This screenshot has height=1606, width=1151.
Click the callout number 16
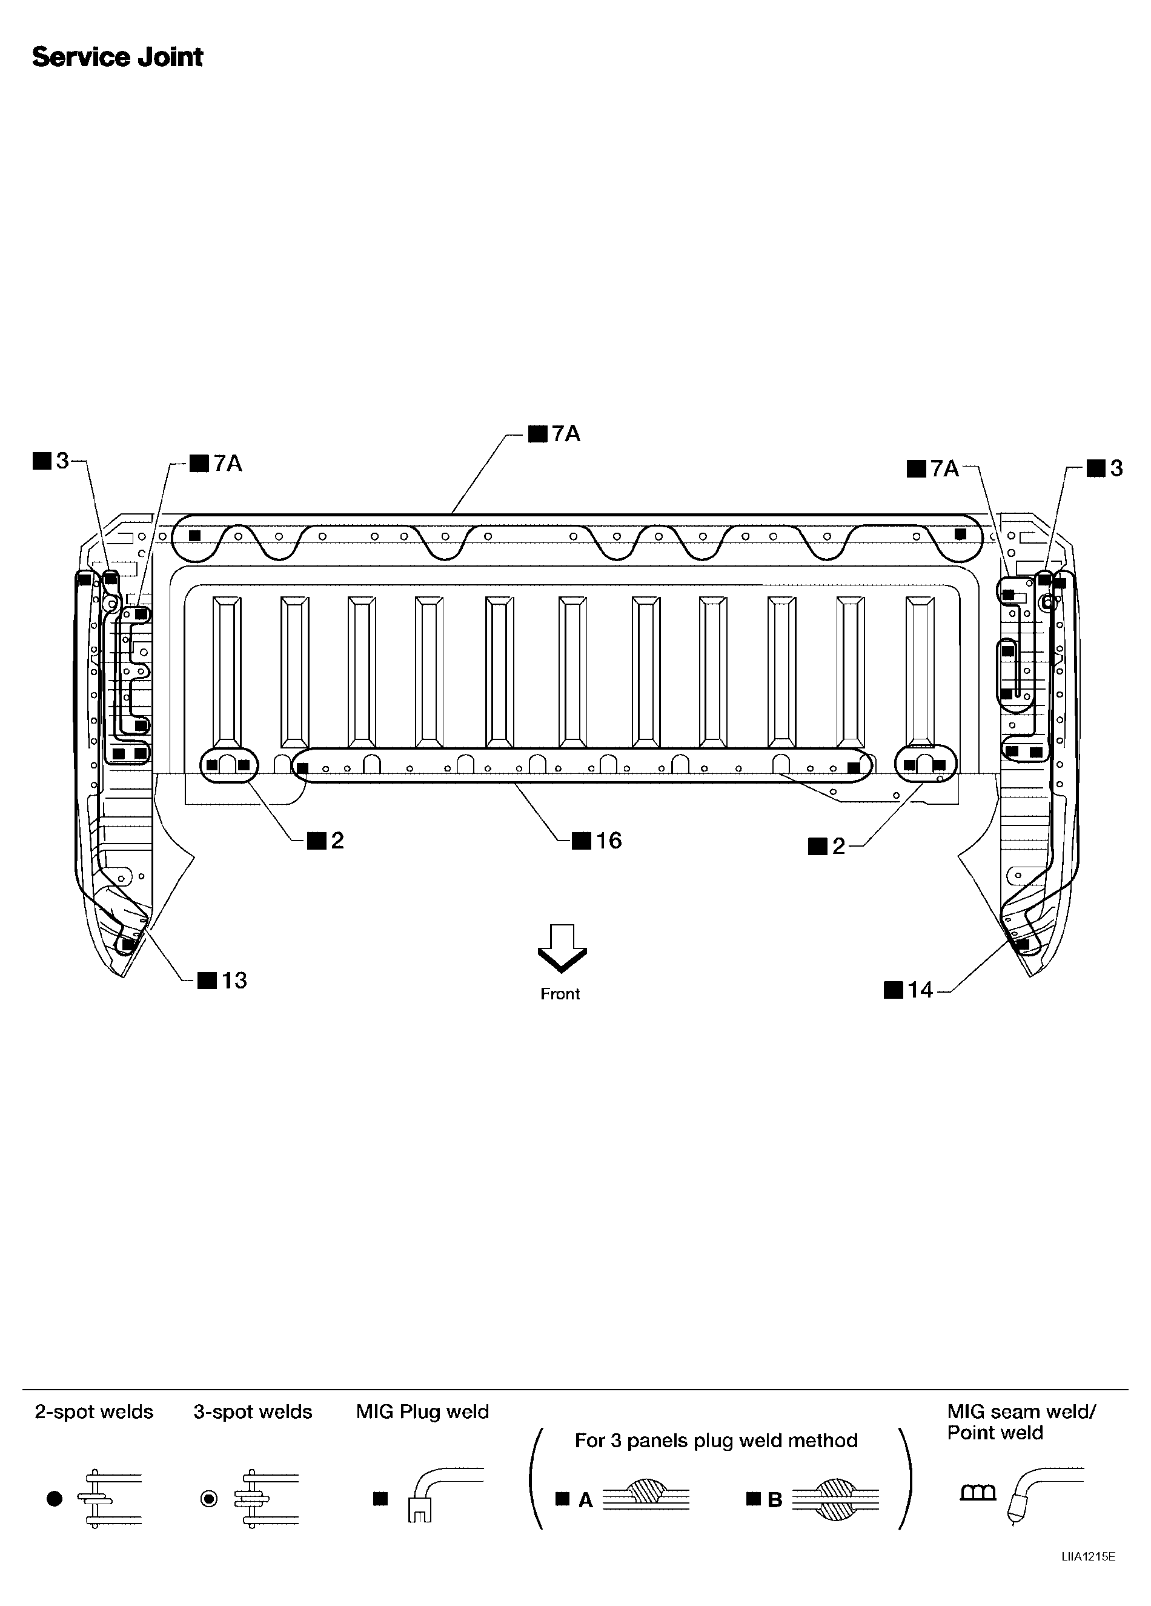609,841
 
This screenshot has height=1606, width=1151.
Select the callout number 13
234,981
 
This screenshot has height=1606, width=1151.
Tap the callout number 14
920,990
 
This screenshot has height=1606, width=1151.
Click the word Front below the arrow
560,994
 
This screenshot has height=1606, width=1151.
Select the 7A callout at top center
566,433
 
